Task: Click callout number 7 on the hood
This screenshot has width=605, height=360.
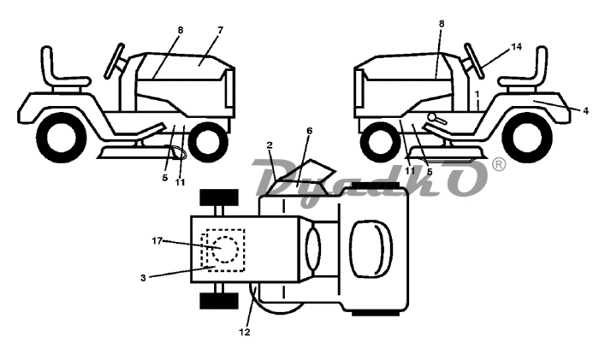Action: tap(220, 30)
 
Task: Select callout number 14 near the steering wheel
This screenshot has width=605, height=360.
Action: tap(516, 47)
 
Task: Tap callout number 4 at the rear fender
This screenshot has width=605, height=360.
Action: tap(586, 110)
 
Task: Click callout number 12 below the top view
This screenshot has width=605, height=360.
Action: tap(244, 332)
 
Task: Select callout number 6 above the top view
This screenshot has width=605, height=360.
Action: tap(309, 132)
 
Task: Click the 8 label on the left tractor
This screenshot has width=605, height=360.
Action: tap(181, 30)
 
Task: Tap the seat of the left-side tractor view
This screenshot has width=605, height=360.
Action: tap(60, 74)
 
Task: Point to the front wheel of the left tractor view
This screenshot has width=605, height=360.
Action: tap(207, 142)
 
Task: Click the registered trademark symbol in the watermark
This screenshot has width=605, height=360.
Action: tap(499, 163)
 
